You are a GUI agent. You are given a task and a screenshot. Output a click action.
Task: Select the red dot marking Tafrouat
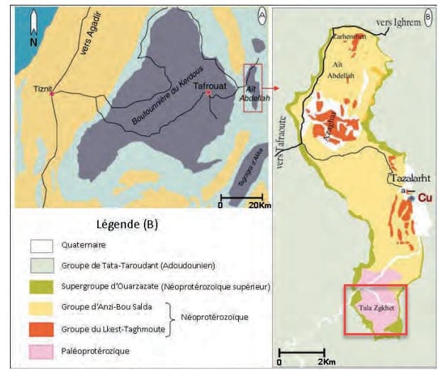(207, 94)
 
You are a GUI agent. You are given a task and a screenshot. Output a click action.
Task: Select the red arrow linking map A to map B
(273, 88)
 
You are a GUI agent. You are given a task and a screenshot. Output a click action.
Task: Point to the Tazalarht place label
(406, 179)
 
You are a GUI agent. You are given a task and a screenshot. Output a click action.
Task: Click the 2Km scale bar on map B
(301, 351)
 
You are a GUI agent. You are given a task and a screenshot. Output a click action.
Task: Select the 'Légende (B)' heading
(126, 225)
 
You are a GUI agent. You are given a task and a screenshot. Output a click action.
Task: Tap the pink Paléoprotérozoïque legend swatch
(40, 349)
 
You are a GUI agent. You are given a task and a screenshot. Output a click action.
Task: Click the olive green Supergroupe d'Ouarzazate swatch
(40, 288)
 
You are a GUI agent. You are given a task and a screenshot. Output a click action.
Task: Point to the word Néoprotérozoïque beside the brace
(218, 318)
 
